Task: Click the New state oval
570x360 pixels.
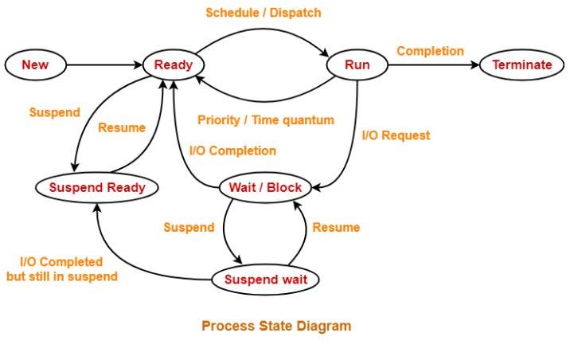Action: (x=35, y=65)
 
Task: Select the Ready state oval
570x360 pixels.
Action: (x=174, y=65)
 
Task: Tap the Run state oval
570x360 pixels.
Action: (x=357, y=65)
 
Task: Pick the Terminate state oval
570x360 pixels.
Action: (x=521, y=65)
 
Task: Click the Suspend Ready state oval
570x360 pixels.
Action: (x=97, y=188)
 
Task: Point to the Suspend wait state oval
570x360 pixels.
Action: (x=271, y=280)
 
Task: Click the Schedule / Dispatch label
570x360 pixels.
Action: (x=264, y=13)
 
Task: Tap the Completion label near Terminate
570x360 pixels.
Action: (x=430, y=51)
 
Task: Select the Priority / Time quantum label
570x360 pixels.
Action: (x=265, y=120)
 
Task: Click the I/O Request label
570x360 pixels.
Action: (x=396, y=135)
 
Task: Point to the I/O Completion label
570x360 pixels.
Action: (x=232, y=151)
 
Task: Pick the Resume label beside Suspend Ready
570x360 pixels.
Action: (x=121, y=127)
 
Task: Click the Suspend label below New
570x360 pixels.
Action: (x=54, y=112)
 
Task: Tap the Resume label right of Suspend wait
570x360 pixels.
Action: (x=336, y=227)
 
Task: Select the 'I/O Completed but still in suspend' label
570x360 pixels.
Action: (x=61, y=269)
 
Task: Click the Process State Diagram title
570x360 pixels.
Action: (x=275, y=326)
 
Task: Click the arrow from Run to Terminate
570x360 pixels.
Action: (x=434, y=65)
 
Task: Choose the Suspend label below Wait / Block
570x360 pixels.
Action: (x=189, y=227)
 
